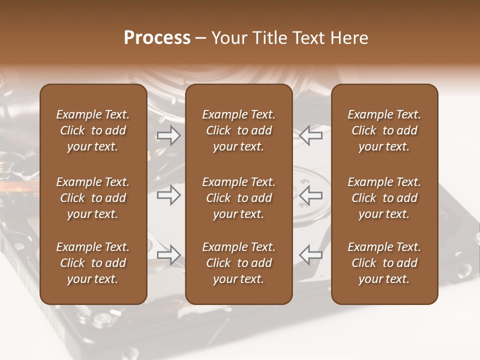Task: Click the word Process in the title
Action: [x=157, y=38]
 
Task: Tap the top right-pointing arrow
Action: [x=168, y=135]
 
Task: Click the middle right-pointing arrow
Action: [x=168, y=196]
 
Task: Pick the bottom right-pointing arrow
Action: [x=168, y=255]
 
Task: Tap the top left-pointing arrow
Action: [x=310, y=135]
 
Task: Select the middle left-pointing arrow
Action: [x=310, y=196]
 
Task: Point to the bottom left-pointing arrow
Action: [x=310, y=255]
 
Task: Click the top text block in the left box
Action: [x=93, y=130]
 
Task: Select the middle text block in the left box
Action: [x=93, y=198]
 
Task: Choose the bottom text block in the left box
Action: [x=93, y=263]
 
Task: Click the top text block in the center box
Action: [x=238, y=130]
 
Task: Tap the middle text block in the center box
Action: [x=238, y=198]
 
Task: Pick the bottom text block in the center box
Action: [x=238, y=263]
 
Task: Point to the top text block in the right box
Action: [x=384, y=130]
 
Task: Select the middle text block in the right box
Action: [x=384, y=198]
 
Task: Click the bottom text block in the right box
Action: [x=384, y=263]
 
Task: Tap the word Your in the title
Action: [x=228, y=38]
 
